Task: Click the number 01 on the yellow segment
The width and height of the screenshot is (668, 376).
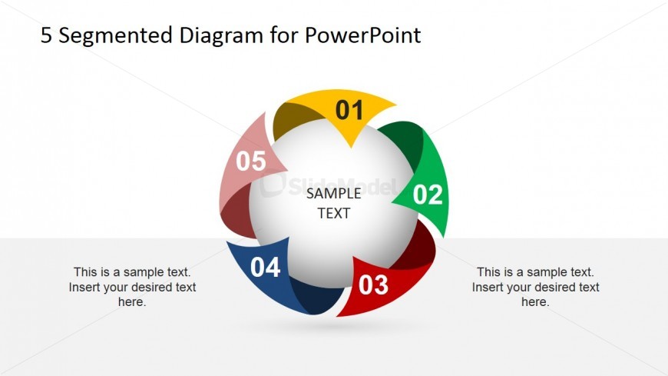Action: [349, 111]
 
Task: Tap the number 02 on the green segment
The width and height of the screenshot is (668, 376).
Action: [428, 195]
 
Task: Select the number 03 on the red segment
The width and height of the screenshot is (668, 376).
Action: [373, 285]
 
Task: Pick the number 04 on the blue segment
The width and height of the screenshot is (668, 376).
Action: [265, 268]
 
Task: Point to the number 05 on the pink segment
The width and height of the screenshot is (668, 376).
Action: [250, 161]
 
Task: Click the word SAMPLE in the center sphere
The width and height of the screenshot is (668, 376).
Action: [333, 194]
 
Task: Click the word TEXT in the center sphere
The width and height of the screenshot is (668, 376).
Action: [334, 213]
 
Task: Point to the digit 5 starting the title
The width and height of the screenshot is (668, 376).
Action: [46, 35]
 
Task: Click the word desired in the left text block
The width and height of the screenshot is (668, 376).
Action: [153, 287]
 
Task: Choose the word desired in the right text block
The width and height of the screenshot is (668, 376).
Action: [556, 287]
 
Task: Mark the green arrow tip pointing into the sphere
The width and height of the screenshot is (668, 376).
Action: [398, 201]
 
